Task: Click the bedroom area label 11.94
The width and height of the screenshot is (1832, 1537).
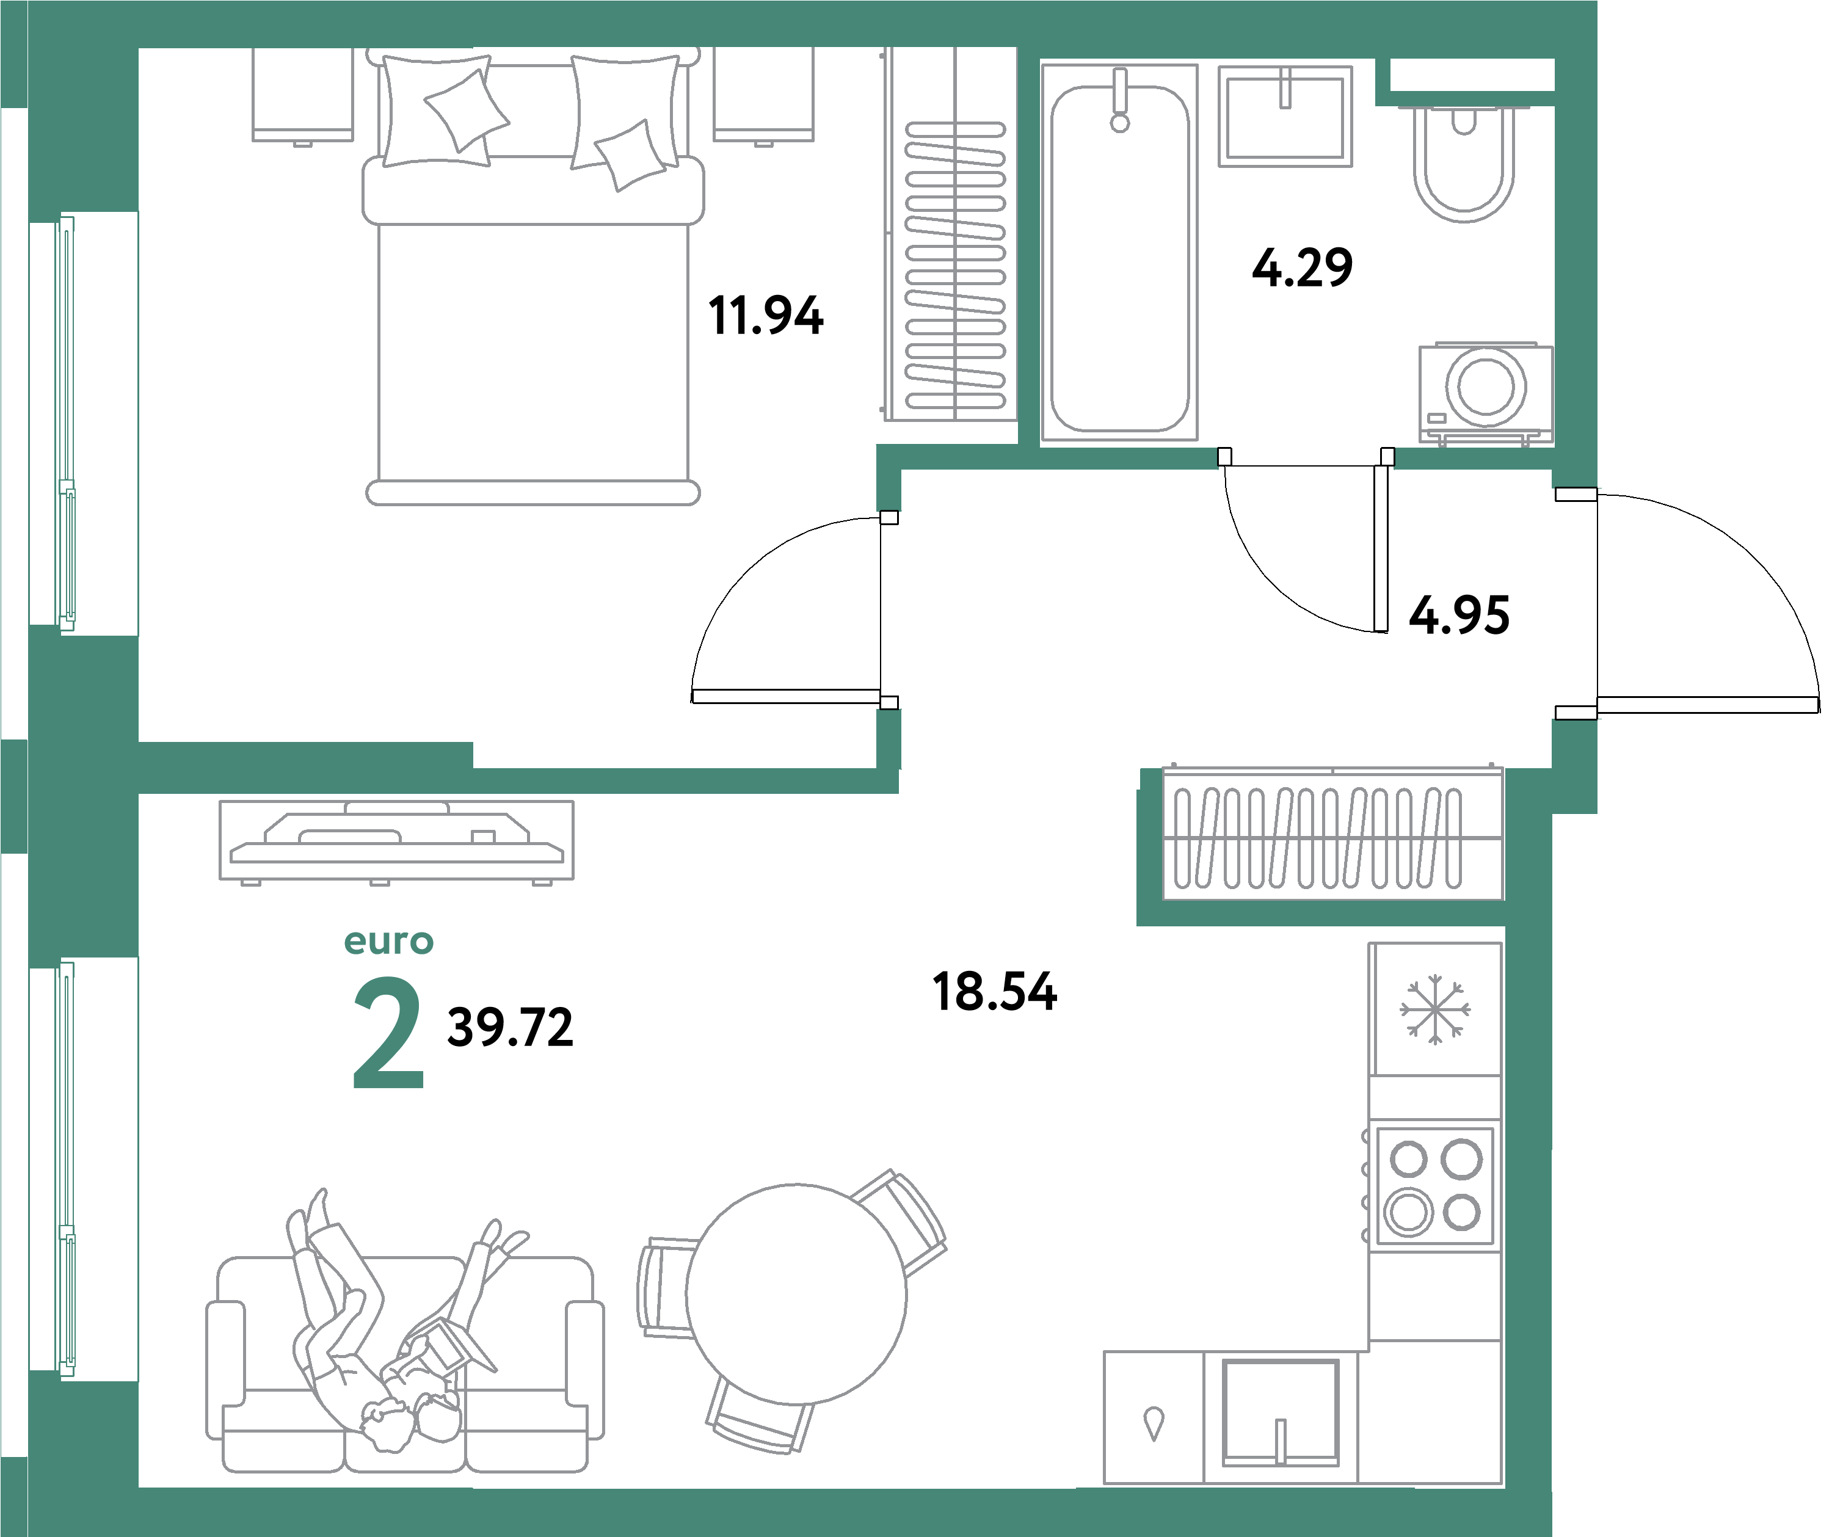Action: click(765, 316)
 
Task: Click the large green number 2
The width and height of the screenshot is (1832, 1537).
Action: click(388, 1034)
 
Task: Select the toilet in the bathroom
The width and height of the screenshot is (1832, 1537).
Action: click(1463, 165)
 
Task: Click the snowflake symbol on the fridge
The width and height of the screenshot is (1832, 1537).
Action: click(1434, 1010)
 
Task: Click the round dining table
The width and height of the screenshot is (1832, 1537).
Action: click(796, 1295)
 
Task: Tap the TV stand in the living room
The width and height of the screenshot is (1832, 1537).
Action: click(396, 841)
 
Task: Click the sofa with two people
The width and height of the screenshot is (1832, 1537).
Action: click(405, 1370)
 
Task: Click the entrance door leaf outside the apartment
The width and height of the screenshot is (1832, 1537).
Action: click(1707, 705)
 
